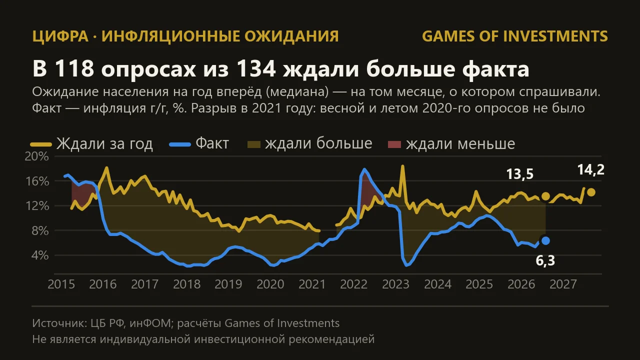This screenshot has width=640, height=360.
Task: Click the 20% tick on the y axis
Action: point(37,156)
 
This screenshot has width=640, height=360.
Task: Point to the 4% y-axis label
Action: point(40,255)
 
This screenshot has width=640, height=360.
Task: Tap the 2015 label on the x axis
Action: point(61,284)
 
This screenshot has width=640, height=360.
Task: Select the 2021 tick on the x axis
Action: point(312,284)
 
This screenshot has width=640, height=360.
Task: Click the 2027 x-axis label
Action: point(563,284)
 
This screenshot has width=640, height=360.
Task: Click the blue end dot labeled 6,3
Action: point(545,241)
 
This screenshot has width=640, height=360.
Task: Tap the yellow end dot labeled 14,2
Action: point(591,192)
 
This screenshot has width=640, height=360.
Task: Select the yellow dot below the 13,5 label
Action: point(545,196)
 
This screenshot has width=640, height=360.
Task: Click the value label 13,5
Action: point(519,174)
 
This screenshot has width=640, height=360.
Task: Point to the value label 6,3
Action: point(545,260)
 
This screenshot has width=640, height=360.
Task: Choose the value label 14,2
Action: point(591,169)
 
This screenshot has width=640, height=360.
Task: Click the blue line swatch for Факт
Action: point(180,144)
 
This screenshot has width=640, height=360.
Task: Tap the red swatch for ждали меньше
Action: point(394,144)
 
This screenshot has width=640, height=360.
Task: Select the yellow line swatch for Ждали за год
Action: point(41,144)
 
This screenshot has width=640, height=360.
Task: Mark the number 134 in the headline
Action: point(256,69)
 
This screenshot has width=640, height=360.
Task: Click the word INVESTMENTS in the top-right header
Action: point(555,36)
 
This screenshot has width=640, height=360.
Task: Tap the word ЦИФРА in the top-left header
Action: point(60,36)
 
